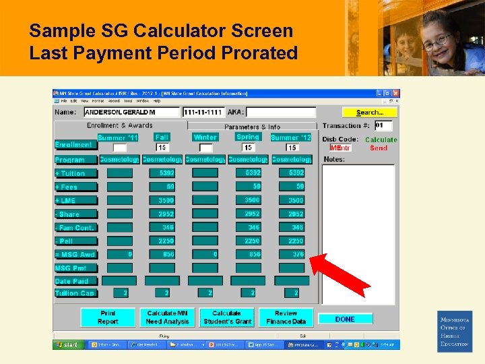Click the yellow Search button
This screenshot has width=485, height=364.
tap(369, 113)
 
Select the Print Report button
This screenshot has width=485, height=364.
tap(108, 317)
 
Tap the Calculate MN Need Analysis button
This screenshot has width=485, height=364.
tap(167, 317)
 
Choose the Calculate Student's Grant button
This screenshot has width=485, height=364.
tap(226, 317)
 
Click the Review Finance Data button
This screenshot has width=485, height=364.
tap(286, 317)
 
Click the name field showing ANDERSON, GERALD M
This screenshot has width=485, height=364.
tap(131, 113)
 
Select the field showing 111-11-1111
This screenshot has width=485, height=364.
tap(203, 113)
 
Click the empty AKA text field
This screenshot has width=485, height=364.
tap(280, 113)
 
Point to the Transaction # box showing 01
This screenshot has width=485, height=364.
tap(383, 125)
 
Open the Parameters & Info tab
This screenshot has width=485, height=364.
tap(252, 126)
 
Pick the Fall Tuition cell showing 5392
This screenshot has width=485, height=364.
tap(162, 173)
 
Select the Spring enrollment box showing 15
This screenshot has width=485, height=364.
tap(248, 148)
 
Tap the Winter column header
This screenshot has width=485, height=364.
tap(205, 137)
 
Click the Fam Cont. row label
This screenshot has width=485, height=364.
tap(75, 228)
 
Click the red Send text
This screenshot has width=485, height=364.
tap(379, 148)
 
